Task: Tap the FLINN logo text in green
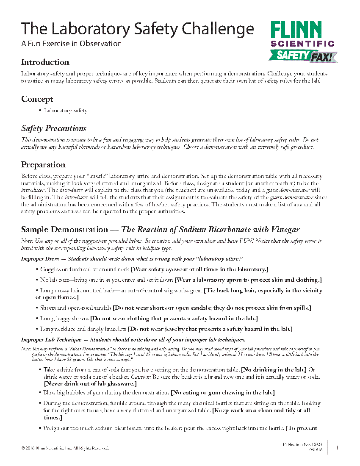click(296, 31)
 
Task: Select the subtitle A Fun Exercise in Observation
click(71, 44)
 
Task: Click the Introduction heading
click(45, 62)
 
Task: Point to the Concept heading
click(37, 99)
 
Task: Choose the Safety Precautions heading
click(54, 128)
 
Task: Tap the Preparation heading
click(43, 165)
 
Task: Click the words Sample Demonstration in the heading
click(65, 230)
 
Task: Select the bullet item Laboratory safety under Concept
click(66, 111)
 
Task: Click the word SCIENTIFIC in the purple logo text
click(302, 43)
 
